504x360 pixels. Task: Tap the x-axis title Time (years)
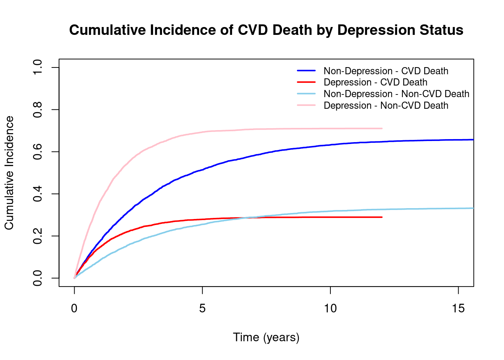(266, 337)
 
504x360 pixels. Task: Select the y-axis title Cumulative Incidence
(9, 173)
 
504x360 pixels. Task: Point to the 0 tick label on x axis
(74, 309)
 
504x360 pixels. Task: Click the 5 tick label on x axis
(202, 309)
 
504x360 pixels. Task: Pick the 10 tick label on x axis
(330, 309)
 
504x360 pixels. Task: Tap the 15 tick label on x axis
(458, 309)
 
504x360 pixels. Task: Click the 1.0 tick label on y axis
(38, 67)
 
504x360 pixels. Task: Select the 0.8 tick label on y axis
(38, 109)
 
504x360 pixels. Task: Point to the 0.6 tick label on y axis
(38, 152)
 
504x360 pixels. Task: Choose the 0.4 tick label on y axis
(38, 194)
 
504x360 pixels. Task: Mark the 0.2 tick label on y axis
(38, 236)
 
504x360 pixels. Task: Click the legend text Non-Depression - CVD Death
(386, 71)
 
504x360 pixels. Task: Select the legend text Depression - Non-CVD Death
(386, 105)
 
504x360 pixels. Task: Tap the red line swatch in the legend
(306, 82)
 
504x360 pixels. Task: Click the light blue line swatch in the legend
(306, 94)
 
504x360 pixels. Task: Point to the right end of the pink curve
(382, 129)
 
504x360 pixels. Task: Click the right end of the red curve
(382, 217)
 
